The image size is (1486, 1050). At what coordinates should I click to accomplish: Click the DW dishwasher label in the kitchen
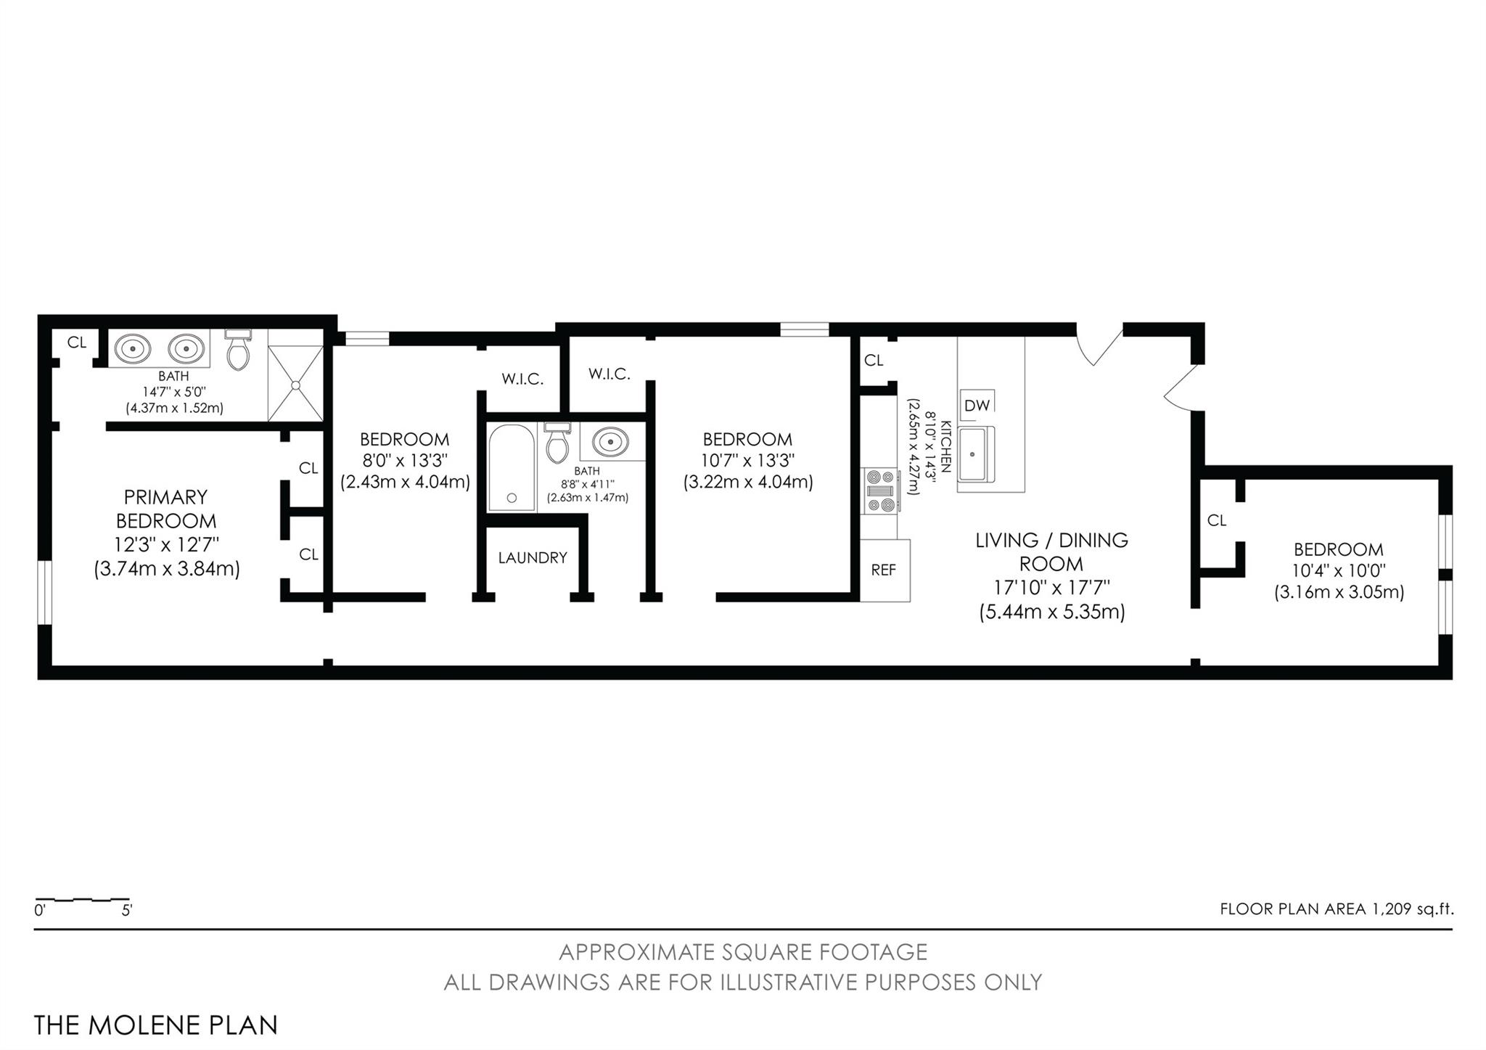pos(977,405)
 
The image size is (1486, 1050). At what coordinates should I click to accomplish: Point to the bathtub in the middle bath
pos(512,467)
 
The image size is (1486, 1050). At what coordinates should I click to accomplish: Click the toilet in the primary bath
pos(237,349)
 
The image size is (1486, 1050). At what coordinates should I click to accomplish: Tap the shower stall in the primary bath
pos(295,375)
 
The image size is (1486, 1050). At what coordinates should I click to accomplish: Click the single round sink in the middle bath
pos(610,441)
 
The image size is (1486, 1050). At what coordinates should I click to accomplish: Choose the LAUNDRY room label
pos(533,558)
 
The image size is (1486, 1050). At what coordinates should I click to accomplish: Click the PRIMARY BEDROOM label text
pos(166,509)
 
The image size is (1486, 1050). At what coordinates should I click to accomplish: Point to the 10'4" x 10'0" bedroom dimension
pos(1339,570)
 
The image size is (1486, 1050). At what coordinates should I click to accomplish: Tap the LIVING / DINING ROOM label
pos(1051,551)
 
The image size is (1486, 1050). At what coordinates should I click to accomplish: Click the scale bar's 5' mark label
pos(127,910)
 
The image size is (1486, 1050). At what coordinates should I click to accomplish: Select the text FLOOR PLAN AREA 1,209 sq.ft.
pos(1337,909)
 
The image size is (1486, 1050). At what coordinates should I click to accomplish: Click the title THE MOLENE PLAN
pos(156,1025)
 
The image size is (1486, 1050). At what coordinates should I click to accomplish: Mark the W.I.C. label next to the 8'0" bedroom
pos(522,379)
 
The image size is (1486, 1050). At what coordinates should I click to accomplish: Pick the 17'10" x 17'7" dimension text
pos(1051,587)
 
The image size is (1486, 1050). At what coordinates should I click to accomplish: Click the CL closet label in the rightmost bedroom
pos(1217,520)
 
